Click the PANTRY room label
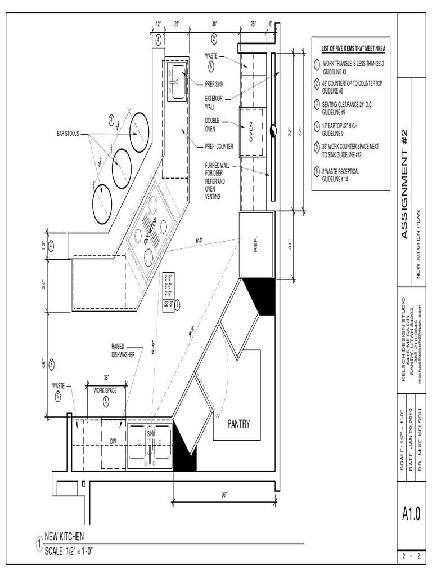point(238,424)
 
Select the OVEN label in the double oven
point(251,131)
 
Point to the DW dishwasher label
point(112,441)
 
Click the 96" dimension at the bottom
point(223,495)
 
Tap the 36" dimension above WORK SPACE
point(105,378)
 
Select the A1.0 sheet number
point(411,514)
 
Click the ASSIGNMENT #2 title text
point(406,184)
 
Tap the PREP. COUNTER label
point(219,147)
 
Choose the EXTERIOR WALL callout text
point(214,102)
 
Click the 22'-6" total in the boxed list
point(168,303)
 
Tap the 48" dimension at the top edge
point(214,25)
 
